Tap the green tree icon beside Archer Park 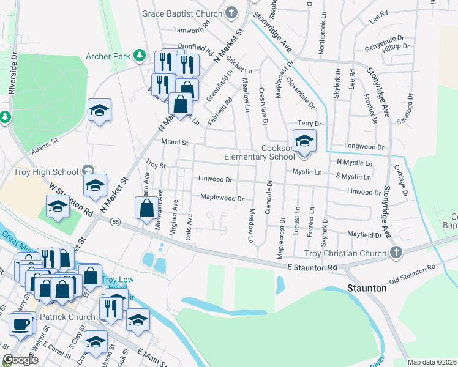point(140,56)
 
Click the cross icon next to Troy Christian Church point(396,253)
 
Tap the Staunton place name point(367,287)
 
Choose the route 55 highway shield point(115,223)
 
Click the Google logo point(21,360)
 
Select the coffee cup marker point(21,324)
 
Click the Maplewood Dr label point(222,198)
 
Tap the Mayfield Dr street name point(364,235)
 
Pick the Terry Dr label point(309,124)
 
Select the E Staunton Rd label point(312,267)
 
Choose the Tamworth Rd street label point(191,29)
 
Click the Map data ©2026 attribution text point(432,362)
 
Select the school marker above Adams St point(99,111)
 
